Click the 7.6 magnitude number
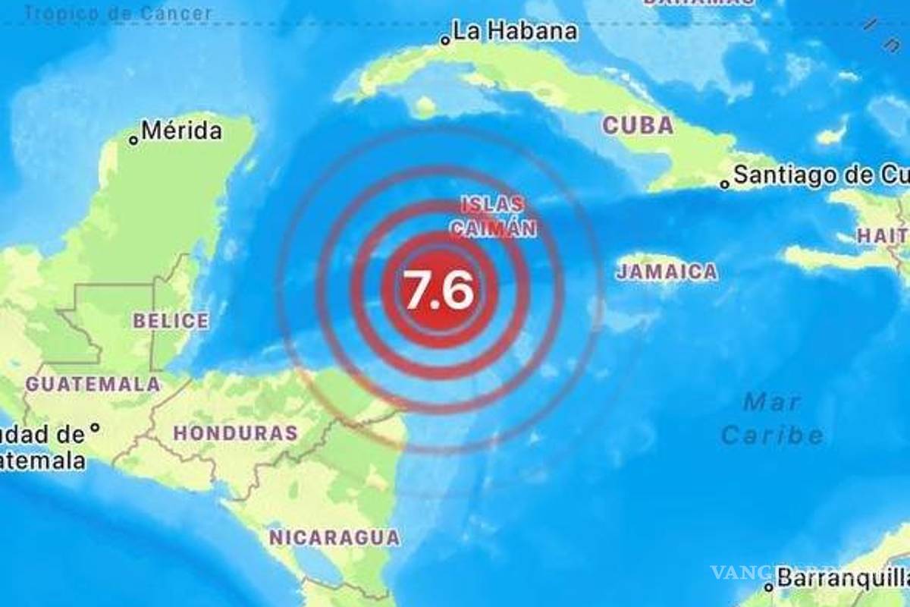pos(439,289)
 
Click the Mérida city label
pos(182,131)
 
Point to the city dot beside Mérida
pos(134,139)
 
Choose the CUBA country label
pos(638,125)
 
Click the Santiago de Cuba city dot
pos(725,183)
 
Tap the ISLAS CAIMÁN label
pos(494,215)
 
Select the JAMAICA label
pos(667,272)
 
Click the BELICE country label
pos(171,321)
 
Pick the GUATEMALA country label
pos(93,384)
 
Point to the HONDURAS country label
pos(235,433)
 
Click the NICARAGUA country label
pos(334,538)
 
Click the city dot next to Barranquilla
pos(769,587)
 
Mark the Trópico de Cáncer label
pos(118,13)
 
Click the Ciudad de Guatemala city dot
pos(95,429)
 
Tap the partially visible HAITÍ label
pos(883,236)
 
